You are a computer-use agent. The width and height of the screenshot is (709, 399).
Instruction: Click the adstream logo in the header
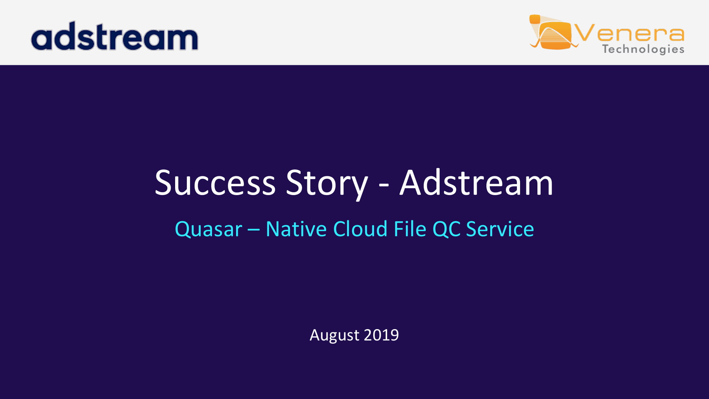coord(115,36)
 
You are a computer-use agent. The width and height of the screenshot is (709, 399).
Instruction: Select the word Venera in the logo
coord(630,33)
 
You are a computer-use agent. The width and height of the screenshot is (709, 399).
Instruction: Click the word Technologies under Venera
coord(643,49)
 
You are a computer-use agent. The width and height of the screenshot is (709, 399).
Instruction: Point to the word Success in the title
coord(215,183)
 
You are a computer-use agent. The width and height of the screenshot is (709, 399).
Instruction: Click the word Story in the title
coord(327,184)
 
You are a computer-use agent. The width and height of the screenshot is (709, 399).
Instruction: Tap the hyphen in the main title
coord(384,185)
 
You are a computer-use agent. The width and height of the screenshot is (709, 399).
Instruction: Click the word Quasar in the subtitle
coord(208,229)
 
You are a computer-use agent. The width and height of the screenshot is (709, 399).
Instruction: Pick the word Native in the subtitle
coord(296,229)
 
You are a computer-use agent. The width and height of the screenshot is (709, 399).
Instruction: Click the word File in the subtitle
coord(410,228)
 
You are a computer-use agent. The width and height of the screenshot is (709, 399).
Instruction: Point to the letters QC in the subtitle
coord(446,229)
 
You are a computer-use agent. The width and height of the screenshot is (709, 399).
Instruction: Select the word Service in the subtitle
coord(500,229)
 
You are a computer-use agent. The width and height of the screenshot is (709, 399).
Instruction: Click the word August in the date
coord(334,336)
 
